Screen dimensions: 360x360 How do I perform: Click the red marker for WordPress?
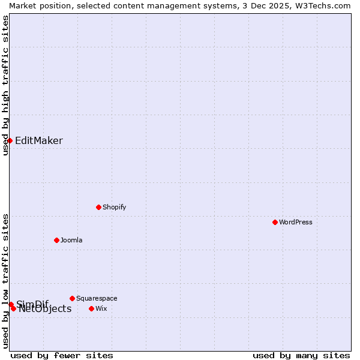coord(275,222)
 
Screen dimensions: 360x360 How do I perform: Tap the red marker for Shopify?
coord(98,207)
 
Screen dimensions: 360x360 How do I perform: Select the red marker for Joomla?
coord(56,240)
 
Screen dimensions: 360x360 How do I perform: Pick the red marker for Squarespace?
coord(72,298)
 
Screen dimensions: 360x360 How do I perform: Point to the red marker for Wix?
coord(91,308)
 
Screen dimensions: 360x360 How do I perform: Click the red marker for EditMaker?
coord(10,140)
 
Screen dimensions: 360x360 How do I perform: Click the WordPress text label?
coord(296,222)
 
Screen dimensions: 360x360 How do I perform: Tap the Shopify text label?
coord(114,207)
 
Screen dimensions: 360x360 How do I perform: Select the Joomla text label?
coord(71,240)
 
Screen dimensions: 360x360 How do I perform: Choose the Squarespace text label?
coord(97,298)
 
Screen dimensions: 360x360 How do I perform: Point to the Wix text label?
coord(101,308)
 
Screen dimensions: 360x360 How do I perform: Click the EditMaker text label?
coord(39,141)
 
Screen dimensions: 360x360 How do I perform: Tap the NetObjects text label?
coord(45,309)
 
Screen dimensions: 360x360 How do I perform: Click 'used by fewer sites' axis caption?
coord(62,355)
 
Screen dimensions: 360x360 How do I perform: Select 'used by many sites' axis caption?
coord(301,355)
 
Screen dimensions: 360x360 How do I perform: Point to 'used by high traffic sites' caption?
coord(6,85)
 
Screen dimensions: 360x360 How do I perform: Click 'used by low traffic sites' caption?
coord(6,281)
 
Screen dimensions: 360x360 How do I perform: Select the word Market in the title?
coord(23,5)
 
